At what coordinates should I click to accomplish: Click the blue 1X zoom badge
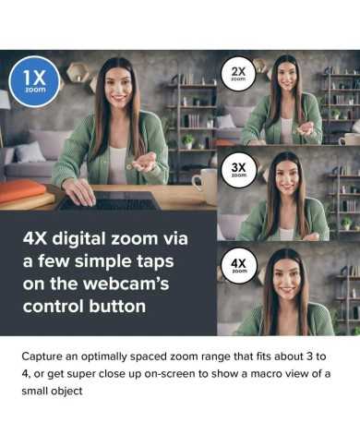tap(34, 81)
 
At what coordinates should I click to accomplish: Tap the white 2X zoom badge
tap(238, 73)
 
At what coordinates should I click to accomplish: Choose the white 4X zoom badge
tap(238, 265)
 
